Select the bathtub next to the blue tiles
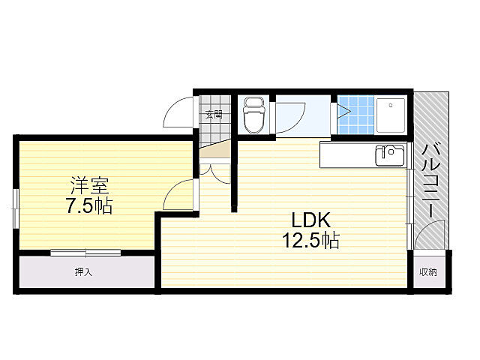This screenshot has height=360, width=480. [391, 116]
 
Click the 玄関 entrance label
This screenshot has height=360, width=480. [214, 115]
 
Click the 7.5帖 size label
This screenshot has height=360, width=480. [87, 205]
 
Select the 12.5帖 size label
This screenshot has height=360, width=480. [310, 241]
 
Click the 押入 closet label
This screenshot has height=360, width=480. [83, 271]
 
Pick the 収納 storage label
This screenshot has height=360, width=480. [427, 271]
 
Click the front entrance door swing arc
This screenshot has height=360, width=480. [178, 116]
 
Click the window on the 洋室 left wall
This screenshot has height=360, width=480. [15, 207]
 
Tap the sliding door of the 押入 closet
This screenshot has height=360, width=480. [85, 253]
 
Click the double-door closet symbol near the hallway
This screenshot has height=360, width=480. [213, 172]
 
